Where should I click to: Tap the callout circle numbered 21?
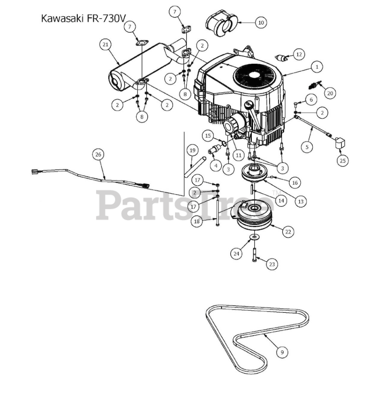coord(105,45)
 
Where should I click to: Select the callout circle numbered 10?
coord(261,22)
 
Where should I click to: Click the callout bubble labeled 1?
coord(317,67)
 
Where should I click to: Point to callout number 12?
coord(299,54)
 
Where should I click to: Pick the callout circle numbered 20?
coord(330,93)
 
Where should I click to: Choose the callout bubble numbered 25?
coord(343,160)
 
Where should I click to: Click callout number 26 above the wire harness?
coord(98,154)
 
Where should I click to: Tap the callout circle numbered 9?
coord(282,352)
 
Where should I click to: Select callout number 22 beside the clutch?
coord(288,231)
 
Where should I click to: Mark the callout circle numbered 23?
coord(272,264)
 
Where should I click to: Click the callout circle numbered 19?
coord(192,150)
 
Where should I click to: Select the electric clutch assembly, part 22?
coord(254,217)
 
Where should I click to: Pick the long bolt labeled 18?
coord(218,212)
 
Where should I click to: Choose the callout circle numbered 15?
coord(208,136)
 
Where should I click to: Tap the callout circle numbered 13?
coord(301,201)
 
